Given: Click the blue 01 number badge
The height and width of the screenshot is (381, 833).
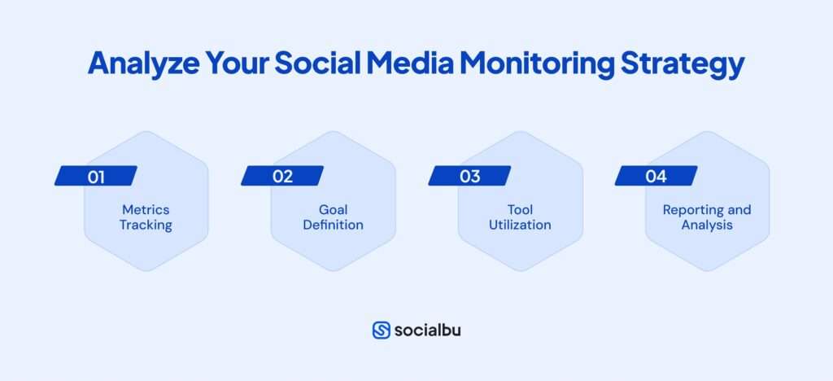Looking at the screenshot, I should point(96,176).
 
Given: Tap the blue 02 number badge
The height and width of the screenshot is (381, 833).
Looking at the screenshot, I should point(282,176).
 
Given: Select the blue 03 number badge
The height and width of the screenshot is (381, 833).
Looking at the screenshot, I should point(469,176).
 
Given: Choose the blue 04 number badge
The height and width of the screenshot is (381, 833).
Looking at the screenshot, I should point(656,176).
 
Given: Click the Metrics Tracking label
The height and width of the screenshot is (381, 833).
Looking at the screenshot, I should point(146,217).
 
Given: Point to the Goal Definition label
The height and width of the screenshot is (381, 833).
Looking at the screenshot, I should point(333,217).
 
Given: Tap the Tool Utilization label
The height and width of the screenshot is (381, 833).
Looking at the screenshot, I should point(520,217).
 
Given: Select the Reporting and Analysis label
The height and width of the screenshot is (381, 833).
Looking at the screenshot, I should point(706,217).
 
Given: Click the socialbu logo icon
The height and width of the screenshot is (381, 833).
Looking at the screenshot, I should point(381,331).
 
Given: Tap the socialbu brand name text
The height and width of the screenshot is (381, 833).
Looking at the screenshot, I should point(427,331).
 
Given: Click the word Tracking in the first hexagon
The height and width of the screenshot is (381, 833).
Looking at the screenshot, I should point(146,225).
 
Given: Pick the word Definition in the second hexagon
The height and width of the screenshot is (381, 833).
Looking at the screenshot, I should point(333,225).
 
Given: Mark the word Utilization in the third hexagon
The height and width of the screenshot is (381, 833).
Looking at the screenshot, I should point(520,225).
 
